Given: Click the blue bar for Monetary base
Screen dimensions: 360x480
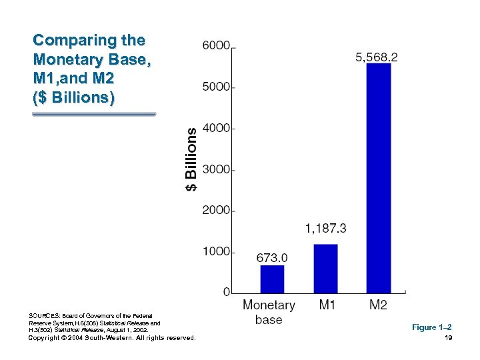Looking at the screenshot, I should pos(272,279).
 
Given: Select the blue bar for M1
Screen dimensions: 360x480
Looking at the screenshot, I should pos(325,269).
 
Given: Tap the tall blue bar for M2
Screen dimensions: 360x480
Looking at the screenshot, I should pos(379,178).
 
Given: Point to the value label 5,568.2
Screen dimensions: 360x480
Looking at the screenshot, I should pos(377,58).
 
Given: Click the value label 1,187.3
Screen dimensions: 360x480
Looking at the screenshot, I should pos(325,229).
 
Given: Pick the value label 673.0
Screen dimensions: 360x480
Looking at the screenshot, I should pos(272,257).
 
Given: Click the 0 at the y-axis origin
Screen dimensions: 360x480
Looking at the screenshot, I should pos(227,293).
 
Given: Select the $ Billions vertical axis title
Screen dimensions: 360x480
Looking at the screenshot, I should pos(191,159).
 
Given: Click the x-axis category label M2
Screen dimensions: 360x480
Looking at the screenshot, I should pos(378,305).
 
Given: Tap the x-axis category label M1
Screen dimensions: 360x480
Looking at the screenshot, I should pos(327,305).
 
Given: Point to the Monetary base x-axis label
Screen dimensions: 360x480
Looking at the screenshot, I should pos(269,312).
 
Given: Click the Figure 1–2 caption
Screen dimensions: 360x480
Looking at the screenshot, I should pos(431,327).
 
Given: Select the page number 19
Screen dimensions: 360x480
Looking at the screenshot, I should pos(448,338).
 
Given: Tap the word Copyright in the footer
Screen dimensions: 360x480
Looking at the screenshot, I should pos(45,338).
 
